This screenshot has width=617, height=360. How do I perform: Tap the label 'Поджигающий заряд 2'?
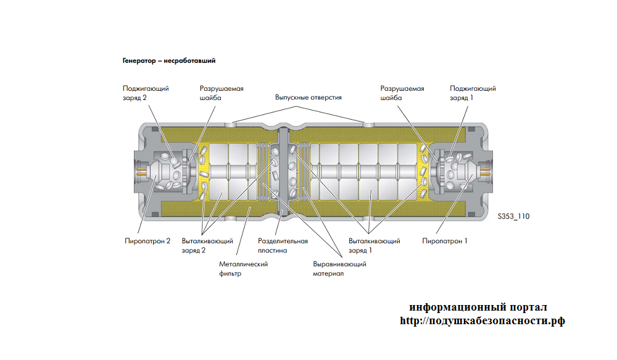click(x=146, y=93)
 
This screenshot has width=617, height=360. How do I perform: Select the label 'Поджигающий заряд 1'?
click(x=473, y=93)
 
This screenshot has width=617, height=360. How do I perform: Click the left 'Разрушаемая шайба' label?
click(x=222, y=93)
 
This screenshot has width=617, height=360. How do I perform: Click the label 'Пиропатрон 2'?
click(x=147, y=241)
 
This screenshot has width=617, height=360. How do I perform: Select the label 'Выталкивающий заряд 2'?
click(x=207, y=245)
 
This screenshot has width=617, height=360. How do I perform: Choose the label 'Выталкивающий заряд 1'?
click(x=374, y=245)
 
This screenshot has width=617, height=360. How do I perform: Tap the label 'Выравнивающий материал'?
click(x=339, y=269)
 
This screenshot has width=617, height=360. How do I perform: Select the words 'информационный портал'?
click(x=478, y=308)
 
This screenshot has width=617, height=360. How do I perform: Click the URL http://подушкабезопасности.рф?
click(x=482, y=321)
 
